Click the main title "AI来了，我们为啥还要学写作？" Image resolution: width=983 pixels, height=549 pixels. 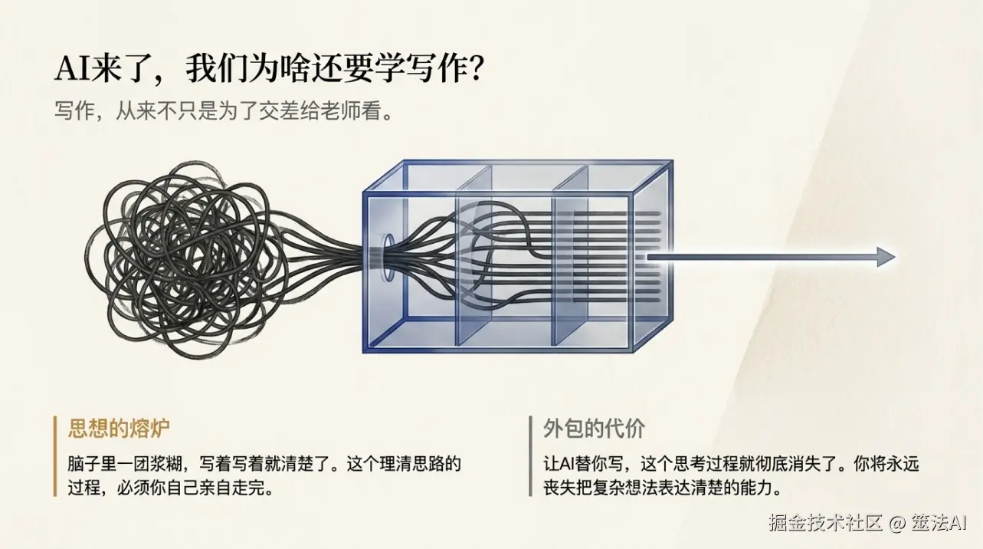[269, 69]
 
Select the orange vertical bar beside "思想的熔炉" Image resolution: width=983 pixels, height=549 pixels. [56, 455]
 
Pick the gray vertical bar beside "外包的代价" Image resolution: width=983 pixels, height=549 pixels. [530, 455]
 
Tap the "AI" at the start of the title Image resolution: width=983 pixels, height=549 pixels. [70, 69]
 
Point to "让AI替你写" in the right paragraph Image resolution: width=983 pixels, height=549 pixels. [578, 464]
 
